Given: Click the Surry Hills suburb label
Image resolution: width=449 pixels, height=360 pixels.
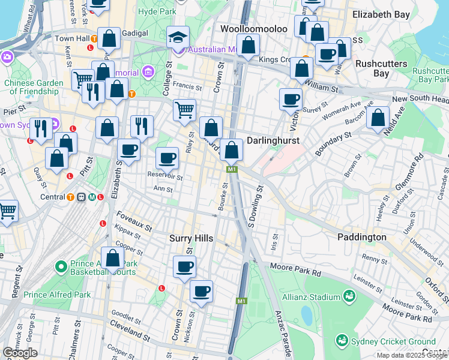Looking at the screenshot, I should coord(191,238).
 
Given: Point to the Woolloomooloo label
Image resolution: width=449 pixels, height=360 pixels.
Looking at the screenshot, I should coord(249,29).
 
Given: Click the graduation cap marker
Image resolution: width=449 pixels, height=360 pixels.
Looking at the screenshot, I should coord(178,37).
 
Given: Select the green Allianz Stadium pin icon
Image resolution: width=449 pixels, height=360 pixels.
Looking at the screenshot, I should coord(349,296).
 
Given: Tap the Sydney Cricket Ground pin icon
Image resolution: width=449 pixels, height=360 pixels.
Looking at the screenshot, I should coord(342,340).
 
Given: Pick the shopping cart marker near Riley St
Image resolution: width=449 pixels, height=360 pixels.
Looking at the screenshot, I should coord(184,110).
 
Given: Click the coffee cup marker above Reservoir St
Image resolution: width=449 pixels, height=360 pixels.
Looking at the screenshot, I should coord(167,158).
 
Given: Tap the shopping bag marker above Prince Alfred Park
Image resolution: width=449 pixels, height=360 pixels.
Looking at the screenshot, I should coord(112,259).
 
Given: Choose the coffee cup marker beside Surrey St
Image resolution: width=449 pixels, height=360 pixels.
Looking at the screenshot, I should coord(291,99).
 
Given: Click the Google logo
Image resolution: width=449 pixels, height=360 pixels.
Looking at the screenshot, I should coord(20,353).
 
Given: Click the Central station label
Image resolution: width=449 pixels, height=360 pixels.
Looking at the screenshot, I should coord(52,197).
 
